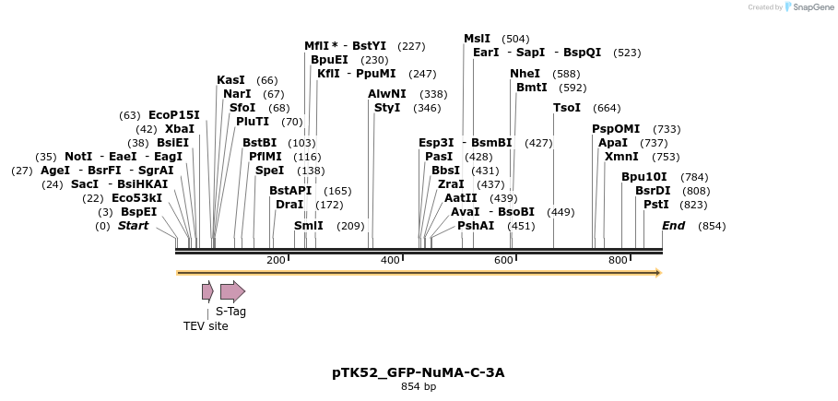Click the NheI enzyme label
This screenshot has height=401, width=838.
pos(525,74)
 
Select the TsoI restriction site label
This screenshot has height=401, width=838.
pos(567,108)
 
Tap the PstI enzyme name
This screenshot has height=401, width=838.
pos(656,205)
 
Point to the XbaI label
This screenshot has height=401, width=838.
pos(179,129)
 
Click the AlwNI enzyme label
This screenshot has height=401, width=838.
pos(386,94)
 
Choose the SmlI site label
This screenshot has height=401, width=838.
pos(309,226)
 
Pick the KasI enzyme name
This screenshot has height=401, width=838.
pos(230,80)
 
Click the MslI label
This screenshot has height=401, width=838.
pos(477,39)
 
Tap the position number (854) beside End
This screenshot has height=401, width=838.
pos(712,226)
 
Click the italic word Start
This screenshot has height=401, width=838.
pos(133,226)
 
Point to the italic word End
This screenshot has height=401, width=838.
pos(674,226)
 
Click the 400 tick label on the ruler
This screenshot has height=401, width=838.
pos(390,261)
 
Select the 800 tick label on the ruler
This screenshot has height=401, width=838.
pos(618,261)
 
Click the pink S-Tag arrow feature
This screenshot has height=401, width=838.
pos(232,291)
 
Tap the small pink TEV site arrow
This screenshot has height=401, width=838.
pos(207,291)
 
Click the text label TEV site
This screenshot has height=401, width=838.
pos(206,326)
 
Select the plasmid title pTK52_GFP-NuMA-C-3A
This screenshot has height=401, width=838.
pos(419,372)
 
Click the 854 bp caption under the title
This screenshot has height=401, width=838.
pos(419,387)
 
